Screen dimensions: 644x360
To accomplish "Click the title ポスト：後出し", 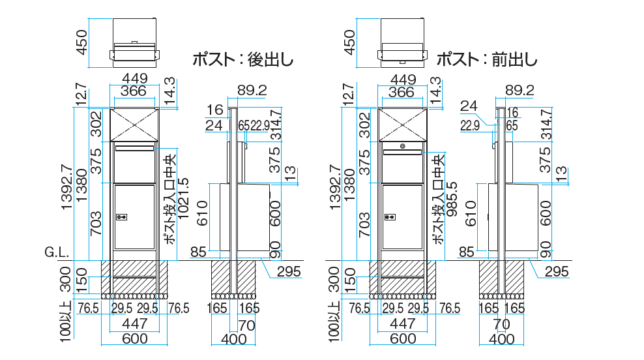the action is click(243, 59).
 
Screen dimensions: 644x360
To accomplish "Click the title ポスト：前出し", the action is click(487, 59).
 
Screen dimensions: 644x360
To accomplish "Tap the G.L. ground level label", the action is click(57, 252).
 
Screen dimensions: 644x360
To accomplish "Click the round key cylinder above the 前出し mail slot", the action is click(403, 145).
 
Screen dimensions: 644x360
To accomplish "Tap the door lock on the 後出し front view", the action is click(122, 217).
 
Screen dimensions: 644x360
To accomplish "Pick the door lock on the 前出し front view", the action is click(389, 217).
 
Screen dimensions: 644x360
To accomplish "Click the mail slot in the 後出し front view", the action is click(135, 148).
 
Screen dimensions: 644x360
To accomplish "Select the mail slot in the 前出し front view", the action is click(403, 152).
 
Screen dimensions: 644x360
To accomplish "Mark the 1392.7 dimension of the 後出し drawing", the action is click(66, 187).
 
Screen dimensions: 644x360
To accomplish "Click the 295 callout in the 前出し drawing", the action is click(557, 272).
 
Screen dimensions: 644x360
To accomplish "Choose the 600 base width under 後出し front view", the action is click(135, 338).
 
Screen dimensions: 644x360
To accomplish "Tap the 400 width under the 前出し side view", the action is click(502, 339).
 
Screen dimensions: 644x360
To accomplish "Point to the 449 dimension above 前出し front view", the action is click(403, 80).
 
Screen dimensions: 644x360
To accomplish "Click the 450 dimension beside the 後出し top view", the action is click(82, 42).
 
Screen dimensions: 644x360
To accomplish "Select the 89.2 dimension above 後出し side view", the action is click(252, 90).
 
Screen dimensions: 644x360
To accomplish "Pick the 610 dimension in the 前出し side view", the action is click(471, 213).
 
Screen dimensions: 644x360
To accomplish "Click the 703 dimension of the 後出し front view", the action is click(96, 223).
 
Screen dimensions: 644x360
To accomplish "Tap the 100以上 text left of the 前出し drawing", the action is click(335, 322).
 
